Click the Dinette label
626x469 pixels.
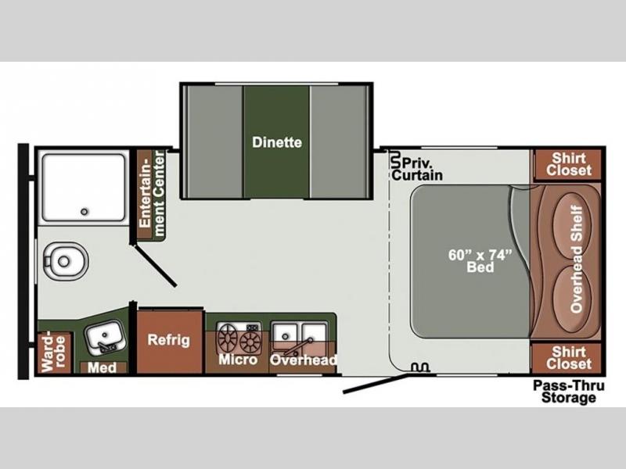[277, 142]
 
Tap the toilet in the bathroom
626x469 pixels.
[66, 261]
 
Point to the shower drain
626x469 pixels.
[85, 211]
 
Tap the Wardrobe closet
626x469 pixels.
[54, 353]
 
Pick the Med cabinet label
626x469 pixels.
[103, 367]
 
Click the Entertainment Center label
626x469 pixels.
[151, 194]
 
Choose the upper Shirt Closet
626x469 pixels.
[568, 164]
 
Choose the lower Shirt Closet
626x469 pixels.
[568, 358]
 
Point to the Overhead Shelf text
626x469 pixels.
[576, 259]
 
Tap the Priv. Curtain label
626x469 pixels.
[417, 169]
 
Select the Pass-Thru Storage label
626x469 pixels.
[569, 392]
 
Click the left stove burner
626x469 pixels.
[228, 338]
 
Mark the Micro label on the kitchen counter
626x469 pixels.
[238, 360]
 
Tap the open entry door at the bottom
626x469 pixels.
[376, 383]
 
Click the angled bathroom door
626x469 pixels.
[156, 266]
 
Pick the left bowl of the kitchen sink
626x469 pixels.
[285, 335]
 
